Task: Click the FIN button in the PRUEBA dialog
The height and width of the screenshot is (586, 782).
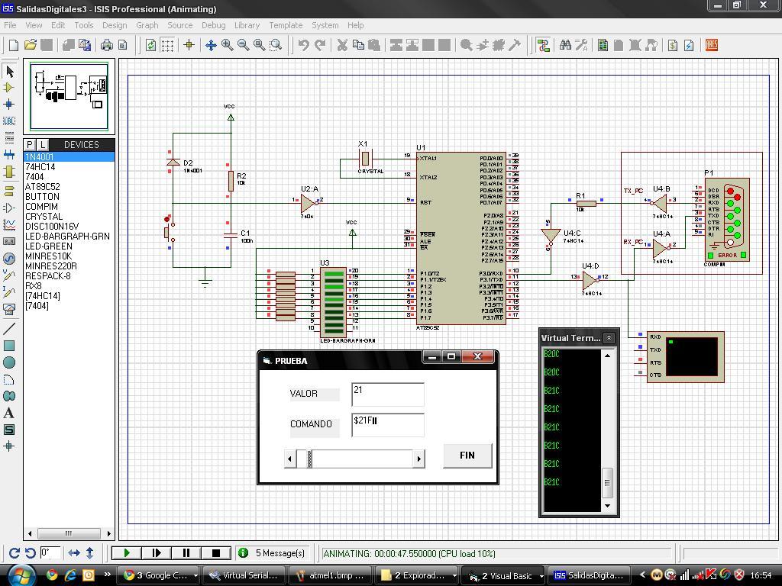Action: pyautogui.click(x=467, y=456)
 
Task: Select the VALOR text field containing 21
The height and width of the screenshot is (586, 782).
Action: pyautogui.click(x=387, y=394)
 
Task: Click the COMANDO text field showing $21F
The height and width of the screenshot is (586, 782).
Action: pyautogui.click(x=387, y=424)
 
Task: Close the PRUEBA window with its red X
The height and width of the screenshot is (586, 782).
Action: pyautogui.click(x=478, y=357)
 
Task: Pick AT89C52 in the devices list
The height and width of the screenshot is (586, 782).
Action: pyautogui.click(x=42, y=187)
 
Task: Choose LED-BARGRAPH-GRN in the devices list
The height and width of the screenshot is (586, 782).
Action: pyautogui.click(x=67, y=237)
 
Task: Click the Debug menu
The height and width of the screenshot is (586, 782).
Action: pyautogui.click(x=213, y=25)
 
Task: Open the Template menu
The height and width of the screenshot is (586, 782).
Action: pyautogui.click(x=285, y=25)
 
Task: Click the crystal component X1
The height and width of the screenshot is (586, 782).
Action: pyautogui.click(x=365, y=159)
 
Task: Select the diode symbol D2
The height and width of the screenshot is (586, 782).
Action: pyautogui.click(x=173, y=163)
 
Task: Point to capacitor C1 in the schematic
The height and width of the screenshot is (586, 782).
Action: pyautogui.click(x=230, y=236)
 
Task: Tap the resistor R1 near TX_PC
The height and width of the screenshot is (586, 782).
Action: pyautogui.click(x=586, y=203)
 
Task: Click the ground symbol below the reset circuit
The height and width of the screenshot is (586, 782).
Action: pyautogui.click(x=205, y=282)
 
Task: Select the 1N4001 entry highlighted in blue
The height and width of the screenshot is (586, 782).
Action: pyautogui.click(x=40, y=157)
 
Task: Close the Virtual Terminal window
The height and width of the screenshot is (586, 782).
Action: pyautogui.click(x=609, y=338)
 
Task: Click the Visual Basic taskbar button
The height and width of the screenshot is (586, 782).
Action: pyautogui.click(x=503, y=575)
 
